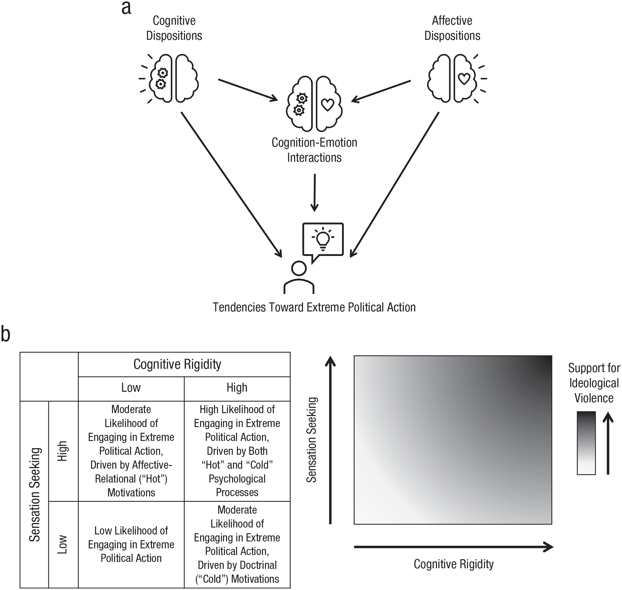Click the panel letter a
126,8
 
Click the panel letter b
6,334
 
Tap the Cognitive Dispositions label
174,28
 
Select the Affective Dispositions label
452,28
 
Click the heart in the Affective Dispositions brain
464,79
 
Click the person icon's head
299,269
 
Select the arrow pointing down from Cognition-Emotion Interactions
314,193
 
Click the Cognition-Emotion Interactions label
314,150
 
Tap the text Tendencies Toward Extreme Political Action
314,307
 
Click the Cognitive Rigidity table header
177,364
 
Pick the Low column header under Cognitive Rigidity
131,387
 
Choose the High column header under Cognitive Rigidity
237,387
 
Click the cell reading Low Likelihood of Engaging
131,544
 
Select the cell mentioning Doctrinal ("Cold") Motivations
237,544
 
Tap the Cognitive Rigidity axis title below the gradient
454,564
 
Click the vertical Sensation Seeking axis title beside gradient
311,440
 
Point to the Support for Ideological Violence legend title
594,383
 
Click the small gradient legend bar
586,443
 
